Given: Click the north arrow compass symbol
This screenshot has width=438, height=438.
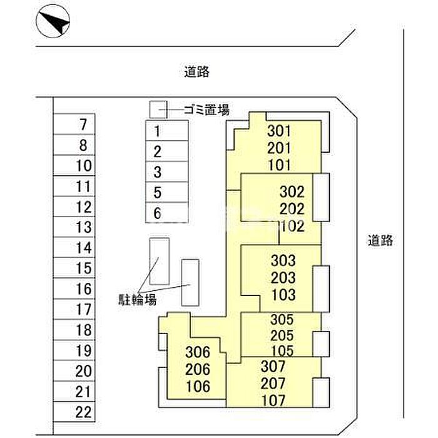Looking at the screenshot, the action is (53, 21).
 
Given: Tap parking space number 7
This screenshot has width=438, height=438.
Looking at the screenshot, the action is (74, 124).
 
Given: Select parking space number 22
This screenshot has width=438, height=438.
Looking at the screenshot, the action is (74, 412).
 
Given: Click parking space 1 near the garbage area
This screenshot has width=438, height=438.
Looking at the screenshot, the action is (167, 130).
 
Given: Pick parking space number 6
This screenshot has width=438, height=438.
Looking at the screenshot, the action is (167, 212).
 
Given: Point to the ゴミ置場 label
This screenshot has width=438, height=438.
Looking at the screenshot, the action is (206, 109).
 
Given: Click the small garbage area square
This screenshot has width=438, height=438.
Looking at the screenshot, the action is (158, 109).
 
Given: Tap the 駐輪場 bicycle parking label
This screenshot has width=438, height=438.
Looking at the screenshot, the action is (137, 300).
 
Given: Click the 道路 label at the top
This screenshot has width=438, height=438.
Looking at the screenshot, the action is (196, 71).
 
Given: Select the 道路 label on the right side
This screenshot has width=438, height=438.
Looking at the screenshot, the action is (380, 240).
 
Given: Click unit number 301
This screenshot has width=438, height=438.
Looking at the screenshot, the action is (279, 131).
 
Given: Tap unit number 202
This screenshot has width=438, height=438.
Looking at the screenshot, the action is (292, 209).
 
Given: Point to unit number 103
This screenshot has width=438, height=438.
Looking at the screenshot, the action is (283, 295).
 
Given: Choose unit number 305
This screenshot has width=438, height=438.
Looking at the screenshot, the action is (282, 320).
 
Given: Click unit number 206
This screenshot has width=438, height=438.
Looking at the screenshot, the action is (198, 369).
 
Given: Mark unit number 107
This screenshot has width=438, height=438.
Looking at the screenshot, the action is (273, 400).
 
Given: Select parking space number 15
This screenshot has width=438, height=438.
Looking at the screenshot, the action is (74, 268).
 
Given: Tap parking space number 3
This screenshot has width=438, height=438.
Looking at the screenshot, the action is (167, 171).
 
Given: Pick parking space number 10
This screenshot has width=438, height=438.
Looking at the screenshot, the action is (74, 165).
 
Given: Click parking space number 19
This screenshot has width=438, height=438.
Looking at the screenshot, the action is (74, 350).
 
